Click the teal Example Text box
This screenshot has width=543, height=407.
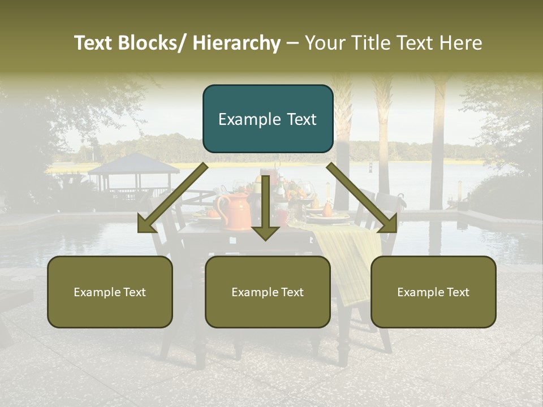point(268,119)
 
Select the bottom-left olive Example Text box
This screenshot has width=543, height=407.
point(110,292)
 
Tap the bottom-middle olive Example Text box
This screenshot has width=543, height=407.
point(268,292)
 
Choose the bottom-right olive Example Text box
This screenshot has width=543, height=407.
point(433,292)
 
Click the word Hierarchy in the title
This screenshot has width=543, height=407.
point(236,43)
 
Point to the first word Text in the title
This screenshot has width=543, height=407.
point(94,43)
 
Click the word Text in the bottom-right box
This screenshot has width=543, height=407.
point(457,292)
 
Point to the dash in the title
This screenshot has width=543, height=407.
point(292,43)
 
